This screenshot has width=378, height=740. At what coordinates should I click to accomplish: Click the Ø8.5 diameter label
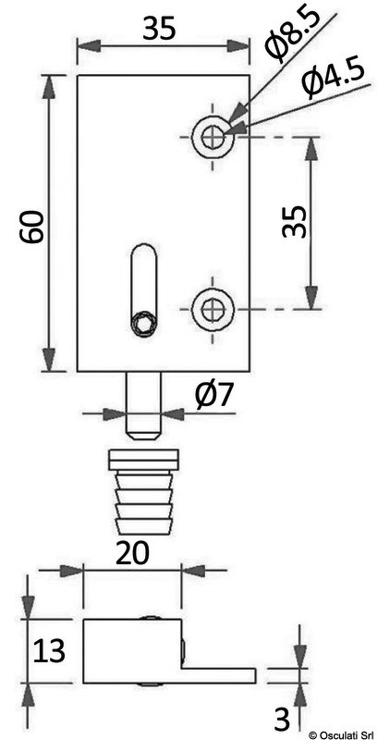pyautogui.click(x=293, y=34)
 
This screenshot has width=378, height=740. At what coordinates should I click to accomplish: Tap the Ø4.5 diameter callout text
pyautogui.click(x=333, y=79)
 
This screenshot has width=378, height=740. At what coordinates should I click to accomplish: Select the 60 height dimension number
pyautogui.click(x=32, y=227)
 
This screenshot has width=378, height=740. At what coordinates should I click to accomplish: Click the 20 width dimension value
pyautogui.click(x=132, y=552)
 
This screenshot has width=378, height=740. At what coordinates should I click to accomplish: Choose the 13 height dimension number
pyautogui.click(x=49, y=651)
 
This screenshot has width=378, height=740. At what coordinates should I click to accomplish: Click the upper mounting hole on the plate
pyautogui.click(x=213, y=137)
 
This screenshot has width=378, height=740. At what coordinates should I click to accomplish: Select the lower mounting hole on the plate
pyautogui.click(x=213, y=309)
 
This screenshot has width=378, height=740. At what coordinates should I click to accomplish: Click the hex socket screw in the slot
pyautogui.click(x=143, y=325)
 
